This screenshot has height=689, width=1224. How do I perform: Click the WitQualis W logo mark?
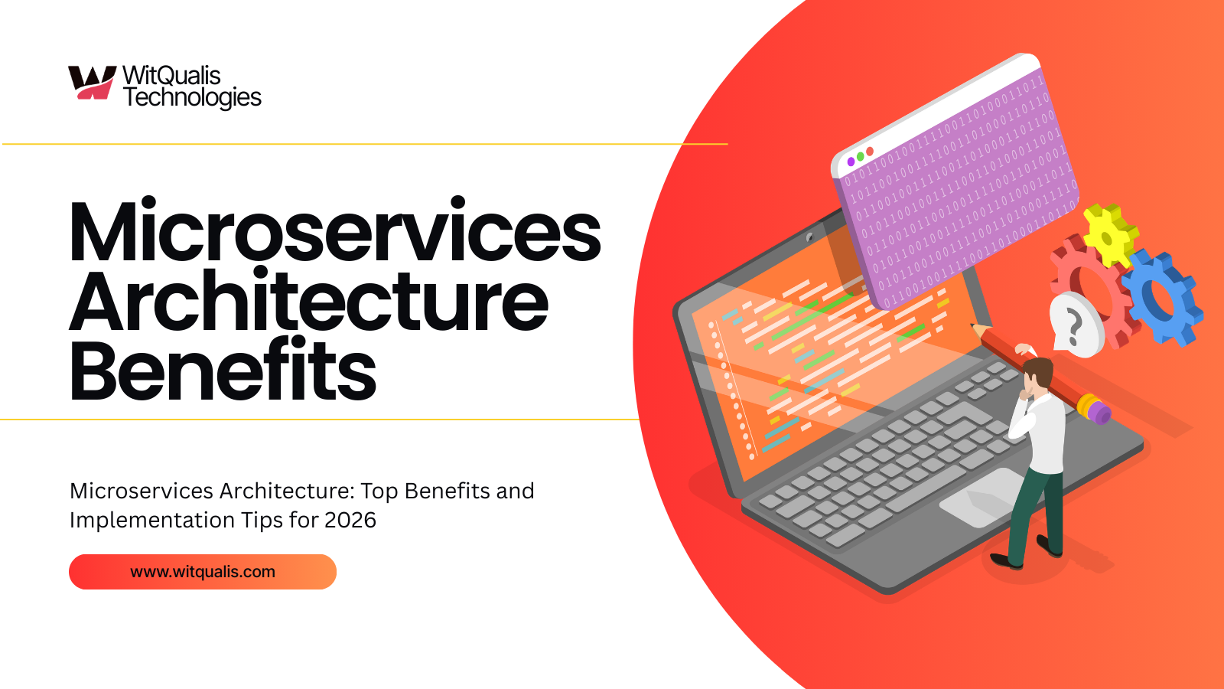click(91, 82)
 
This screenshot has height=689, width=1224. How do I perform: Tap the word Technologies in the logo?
click(192, 97)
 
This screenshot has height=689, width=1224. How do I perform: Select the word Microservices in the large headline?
click(334, 232)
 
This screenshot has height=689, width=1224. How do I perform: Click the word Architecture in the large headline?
click(308, 302)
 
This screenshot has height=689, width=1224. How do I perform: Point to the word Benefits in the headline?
click(223, 371)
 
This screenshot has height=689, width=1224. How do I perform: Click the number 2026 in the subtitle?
click(350, 521)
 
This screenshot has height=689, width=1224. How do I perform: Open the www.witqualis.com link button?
click(203, 572)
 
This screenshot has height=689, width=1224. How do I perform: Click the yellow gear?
click(1108, 233)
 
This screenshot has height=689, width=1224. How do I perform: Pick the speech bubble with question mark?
click(1075, 325)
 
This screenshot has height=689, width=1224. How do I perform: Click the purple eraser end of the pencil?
click(1100, 413)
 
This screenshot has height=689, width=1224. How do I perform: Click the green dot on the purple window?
click(861, 157)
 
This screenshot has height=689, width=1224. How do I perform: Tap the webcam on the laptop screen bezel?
click(809, 237)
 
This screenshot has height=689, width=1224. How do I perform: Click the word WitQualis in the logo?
click(171, 75)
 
